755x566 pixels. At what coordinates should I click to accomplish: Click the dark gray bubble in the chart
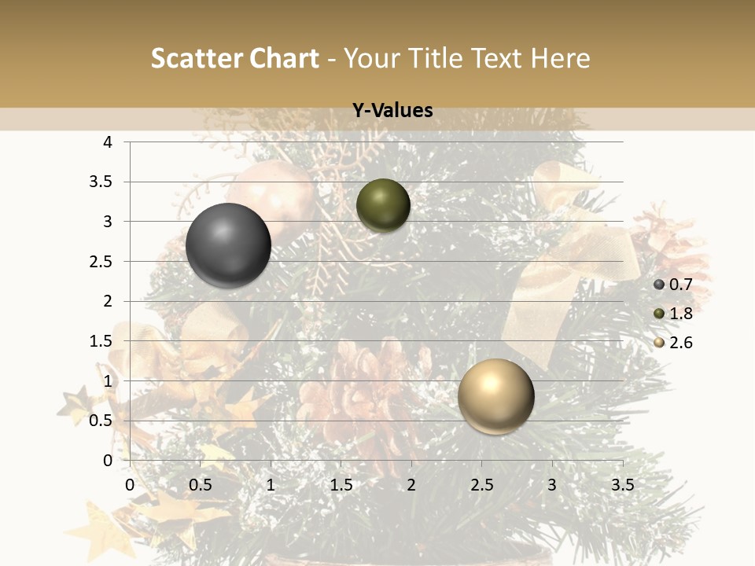pyautogui.click(x=228, y=245)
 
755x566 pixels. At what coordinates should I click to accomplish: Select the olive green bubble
pyautogui.click(x=383, y=205)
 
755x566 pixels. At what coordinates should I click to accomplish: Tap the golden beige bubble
pyautogui.click(x=495, y=396)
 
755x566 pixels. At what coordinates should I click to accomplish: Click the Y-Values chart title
pyautogui.click(x=392, y=111)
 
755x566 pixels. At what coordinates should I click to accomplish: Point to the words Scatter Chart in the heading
pyautogui.click(x=234, y=58)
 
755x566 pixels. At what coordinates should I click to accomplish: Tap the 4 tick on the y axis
pyautogui.click(x=108, y=142)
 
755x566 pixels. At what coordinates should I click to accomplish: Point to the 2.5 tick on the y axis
pyautogui.click(x=101, y=262)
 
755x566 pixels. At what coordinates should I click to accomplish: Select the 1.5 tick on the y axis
pyautogui.click(x=101, y=341)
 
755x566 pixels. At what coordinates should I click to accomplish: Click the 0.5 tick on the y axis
pyautogui.click(x=101, y=421)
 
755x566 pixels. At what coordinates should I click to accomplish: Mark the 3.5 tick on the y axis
pyautogui.click(x=101, y=182)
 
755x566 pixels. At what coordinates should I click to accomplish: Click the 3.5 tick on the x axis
pyautogui.click(x=622, y=485)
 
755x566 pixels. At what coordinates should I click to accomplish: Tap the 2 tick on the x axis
pyautogui.click(x=411, y=485)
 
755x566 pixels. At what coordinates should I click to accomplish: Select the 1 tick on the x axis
pyautogui.click(x=271, y=485)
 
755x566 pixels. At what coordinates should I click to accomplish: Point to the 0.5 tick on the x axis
pyautogui.click(x=201, y=485)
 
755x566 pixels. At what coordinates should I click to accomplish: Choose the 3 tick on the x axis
pyautogui.click(x=552, y=485)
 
